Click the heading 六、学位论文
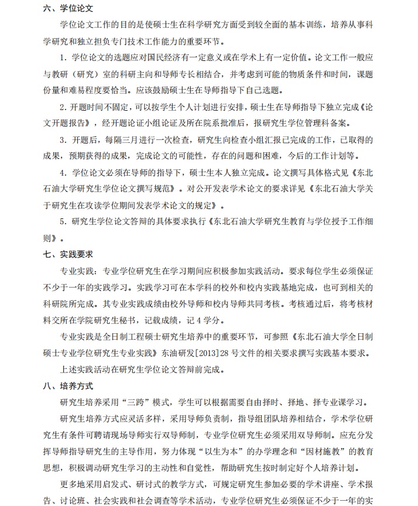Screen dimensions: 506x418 (x=68, y=9)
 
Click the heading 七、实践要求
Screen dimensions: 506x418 (x=68, y=255)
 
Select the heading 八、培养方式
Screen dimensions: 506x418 (x=68, y=387)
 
